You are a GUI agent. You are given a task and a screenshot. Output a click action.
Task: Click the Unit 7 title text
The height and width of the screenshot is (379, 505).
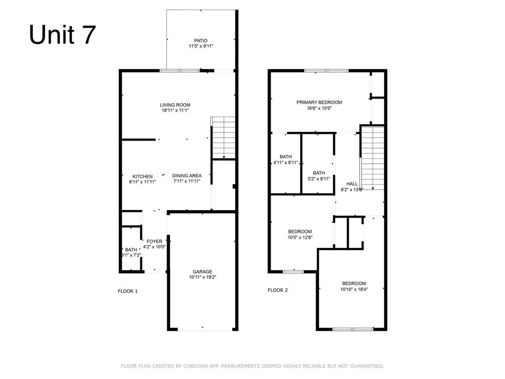point(62,35)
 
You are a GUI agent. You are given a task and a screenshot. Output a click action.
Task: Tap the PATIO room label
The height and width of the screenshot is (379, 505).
point(201,41)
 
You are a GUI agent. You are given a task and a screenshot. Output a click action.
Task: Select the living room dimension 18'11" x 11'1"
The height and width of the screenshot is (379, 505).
point(175,110)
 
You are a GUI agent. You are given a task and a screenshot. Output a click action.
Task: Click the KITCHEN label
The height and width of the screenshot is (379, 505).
point(142,176)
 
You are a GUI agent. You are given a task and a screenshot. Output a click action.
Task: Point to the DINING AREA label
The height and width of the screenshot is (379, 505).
point(187,176)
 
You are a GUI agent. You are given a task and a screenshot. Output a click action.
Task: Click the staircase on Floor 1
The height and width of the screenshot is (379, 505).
point(224,137)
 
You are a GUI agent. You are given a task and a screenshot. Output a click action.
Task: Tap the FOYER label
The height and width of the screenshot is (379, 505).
point(154,241)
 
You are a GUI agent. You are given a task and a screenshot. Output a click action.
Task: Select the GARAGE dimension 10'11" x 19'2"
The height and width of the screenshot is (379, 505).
point(202,277)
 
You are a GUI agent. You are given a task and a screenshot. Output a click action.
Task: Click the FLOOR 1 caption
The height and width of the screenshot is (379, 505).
point(128,291)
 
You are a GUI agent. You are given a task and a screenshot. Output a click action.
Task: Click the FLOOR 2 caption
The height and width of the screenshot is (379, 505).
point(277,290)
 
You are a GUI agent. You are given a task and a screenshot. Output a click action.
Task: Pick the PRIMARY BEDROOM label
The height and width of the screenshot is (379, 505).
point(319,102)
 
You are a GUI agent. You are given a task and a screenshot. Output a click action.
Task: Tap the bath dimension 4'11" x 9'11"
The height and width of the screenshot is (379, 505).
point(285,162)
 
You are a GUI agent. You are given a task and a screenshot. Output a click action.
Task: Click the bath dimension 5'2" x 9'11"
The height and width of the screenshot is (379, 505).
point(319,179)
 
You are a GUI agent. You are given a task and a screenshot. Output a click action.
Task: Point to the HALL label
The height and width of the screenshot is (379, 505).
point(352,184)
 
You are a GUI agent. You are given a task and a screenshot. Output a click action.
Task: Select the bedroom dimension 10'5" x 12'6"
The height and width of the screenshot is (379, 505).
point(300,237)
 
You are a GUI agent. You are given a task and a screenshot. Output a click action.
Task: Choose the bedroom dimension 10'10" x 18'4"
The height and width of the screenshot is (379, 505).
point(354,289)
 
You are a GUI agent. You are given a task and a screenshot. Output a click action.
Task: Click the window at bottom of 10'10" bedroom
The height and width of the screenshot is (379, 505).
point(353,329)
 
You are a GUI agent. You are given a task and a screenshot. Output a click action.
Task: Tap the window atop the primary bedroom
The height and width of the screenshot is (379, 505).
point(326,71)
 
